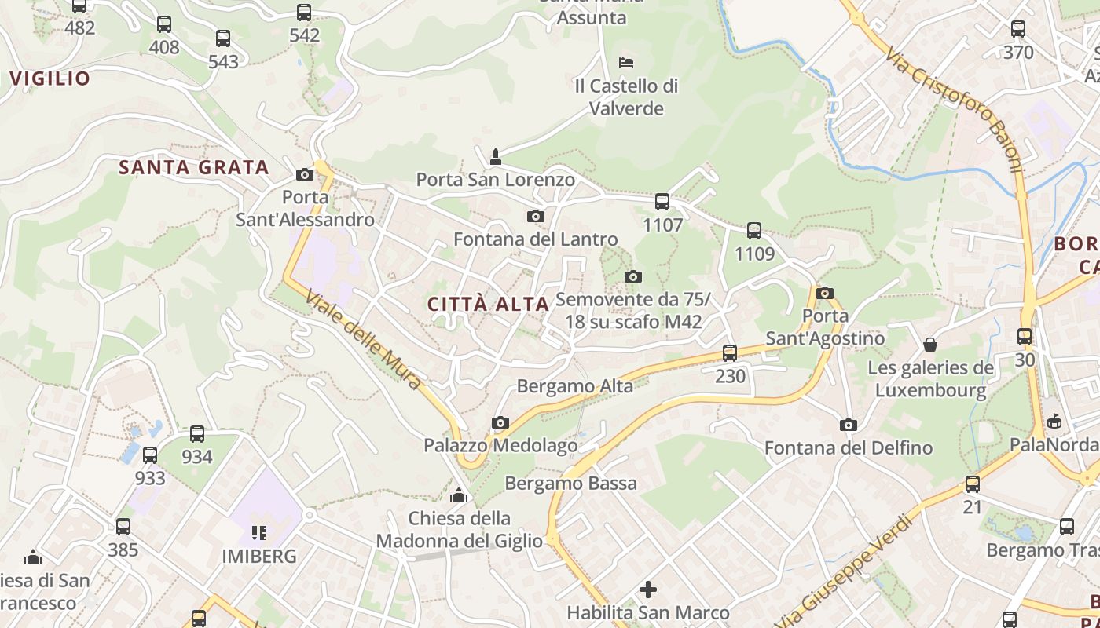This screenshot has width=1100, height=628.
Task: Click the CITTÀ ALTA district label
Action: pos(488,305)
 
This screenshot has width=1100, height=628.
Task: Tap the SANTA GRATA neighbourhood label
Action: pos(194,167)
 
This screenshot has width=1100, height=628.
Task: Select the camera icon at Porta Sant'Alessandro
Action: pos(305,174)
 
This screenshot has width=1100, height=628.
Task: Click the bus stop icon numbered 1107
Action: pos(662,202)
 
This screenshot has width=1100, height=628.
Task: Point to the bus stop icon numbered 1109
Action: pos(754,231)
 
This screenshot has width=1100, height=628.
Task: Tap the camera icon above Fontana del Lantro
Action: pos(536,216)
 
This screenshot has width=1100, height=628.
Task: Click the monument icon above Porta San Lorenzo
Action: pos(496,157)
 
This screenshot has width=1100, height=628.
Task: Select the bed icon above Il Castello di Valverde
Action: pos(626,62)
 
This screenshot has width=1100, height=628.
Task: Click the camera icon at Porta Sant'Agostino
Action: pos(824,294)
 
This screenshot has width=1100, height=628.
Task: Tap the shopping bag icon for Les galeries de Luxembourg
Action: pos(930,345)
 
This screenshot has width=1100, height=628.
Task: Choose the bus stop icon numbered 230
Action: pos(730,353)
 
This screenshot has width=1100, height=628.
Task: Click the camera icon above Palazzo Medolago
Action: pos(500,423)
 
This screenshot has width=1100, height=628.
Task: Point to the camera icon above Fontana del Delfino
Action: pos(848,425)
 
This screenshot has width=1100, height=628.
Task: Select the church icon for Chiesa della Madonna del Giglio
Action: pos(459,495)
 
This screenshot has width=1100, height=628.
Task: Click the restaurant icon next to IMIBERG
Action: pos(259,534)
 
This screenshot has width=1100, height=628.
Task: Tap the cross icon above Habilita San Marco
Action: pos(648,589)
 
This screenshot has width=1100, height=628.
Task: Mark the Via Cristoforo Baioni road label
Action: pos(954,109)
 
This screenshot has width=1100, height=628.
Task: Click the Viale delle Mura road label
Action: pos(364,340)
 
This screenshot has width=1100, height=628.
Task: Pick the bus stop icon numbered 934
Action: pos(197,434)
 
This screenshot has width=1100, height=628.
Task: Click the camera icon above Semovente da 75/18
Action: pos(632,276)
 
